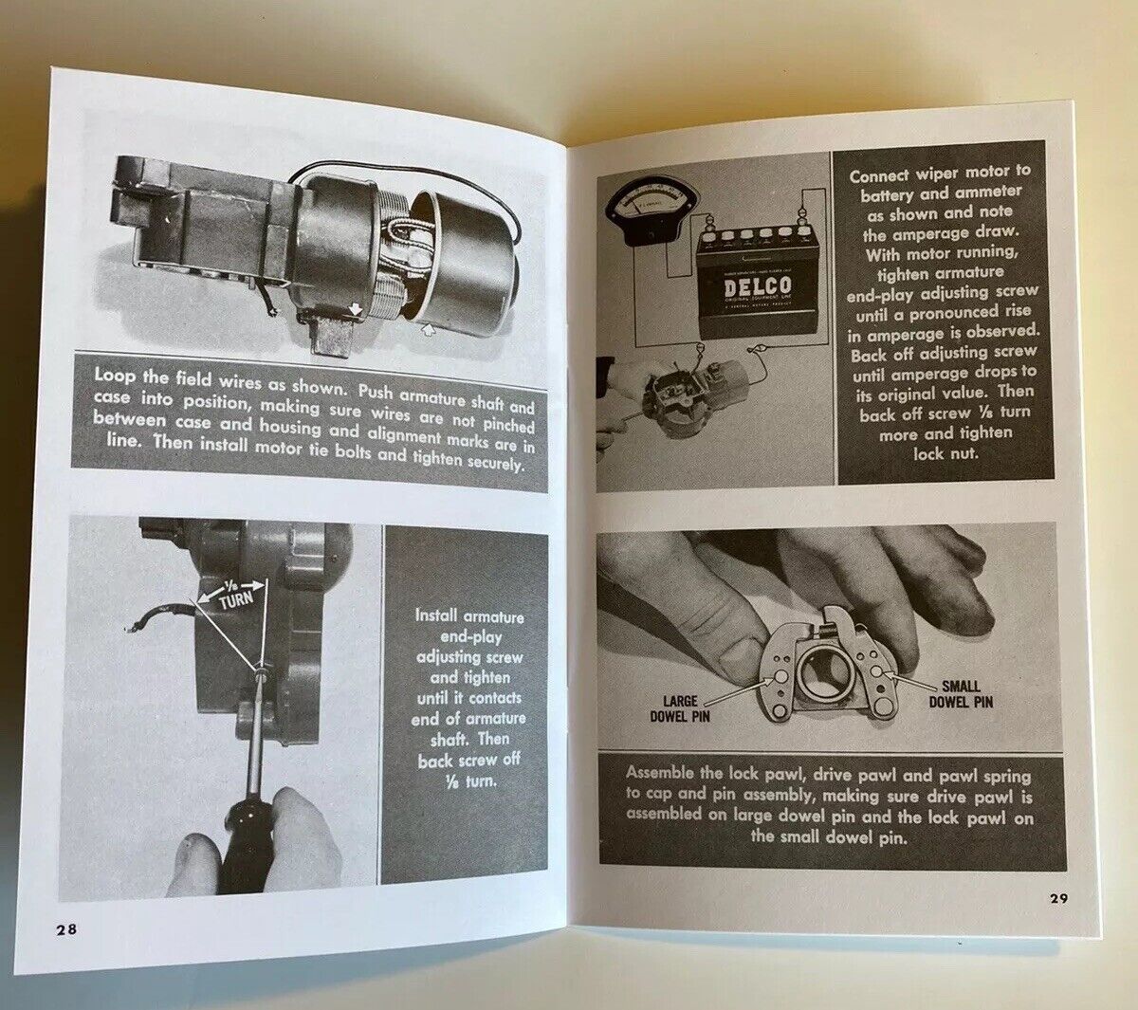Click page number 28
click(x=65, y=929)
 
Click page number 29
click(x=1057, y=898)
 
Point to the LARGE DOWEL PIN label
click(x=680, y=707)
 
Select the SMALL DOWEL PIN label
click(x=960, y=693)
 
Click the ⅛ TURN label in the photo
click(x=233, y=594)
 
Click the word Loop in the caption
click(x=115, y=375)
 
